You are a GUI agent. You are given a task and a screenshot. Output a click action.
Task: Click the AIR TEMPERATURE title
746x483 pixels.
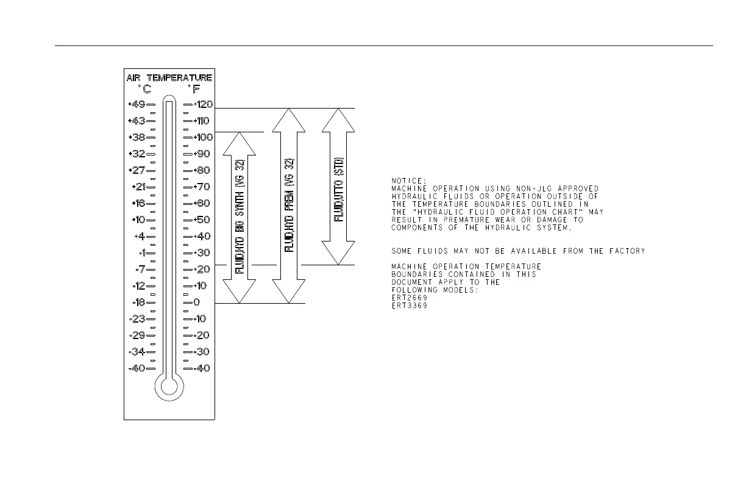169,78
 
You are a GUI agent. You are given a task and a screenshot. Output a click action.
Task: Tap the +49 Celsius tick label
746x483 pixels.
136,104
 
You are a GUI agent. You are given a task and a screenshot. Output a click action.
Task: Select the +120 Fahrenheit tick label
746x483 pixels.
203,104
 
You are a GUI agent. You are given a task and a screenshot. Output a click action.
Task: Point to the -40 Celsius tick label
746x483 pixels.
136,368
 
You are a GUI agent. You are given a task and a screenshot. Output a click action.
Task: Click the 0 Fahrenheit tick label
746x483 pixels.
196,302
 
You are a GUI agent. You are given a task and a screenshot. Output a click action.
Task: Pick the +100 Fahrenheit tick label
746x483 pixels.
203,137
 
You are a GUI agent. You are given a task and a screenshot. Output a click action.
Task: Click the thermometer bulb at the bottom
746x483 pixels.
169,385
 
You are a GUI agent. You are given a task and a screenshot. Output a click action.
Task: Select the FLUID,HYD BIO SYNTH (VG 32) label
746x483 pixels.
240,217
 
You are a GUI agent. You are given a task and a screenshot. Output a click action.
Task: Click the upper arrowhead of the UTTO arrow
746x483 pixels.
338,120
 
